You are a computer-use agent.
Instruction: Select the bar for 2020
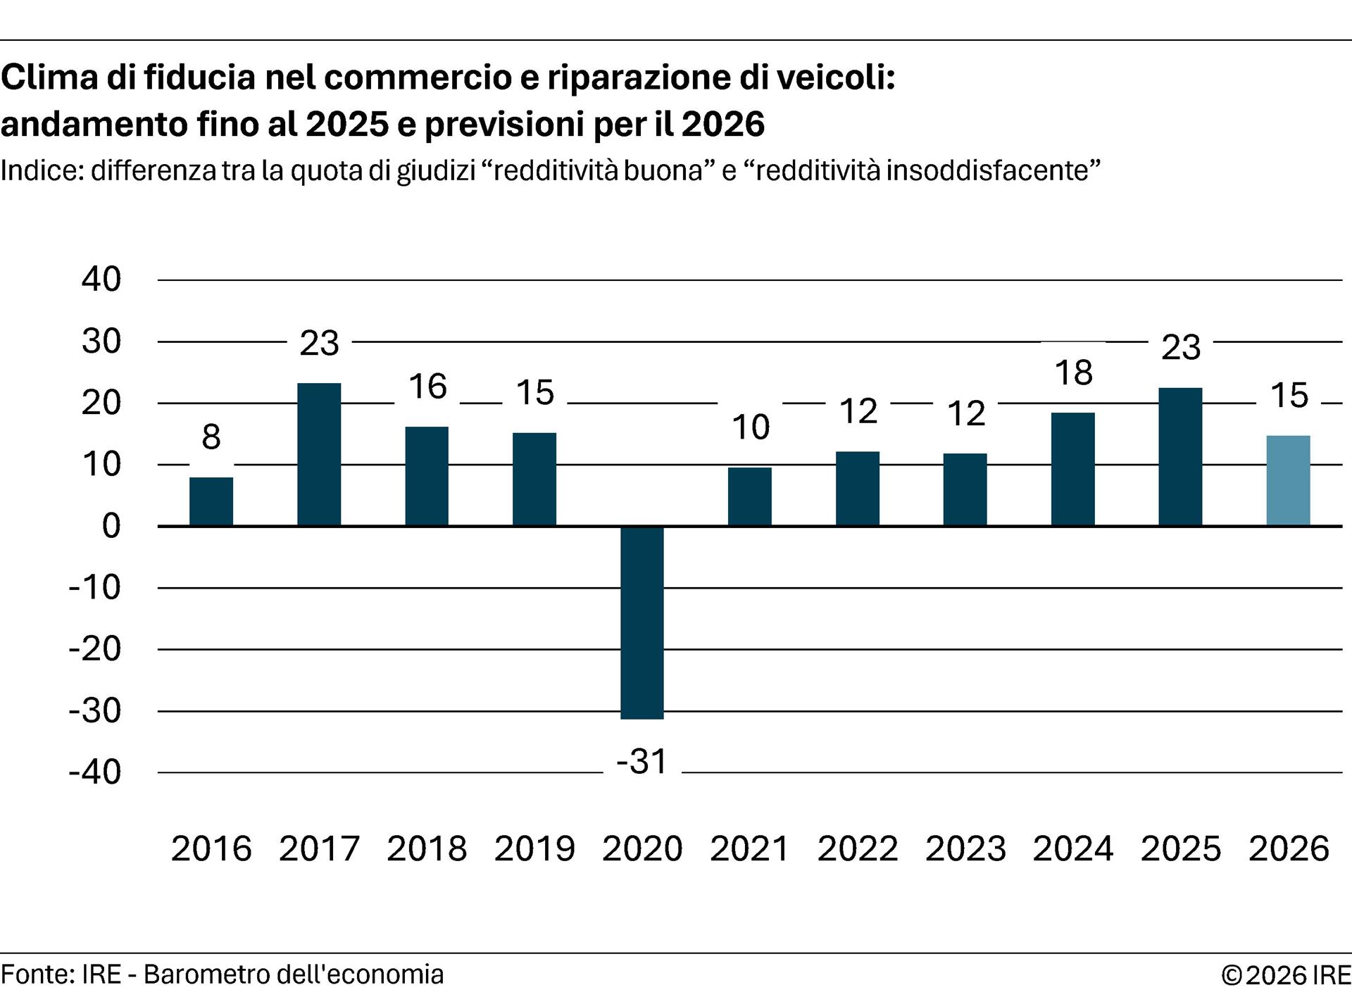pos(641,622)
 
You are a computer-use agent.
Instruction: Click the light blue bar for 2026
pos(1288,481)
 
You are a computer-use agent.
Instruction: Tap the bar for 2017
pos(319,455)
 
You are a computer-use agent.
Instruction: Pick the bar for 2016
pos(211,501)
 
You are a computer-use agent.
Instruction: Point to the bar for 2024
pos(1072,469)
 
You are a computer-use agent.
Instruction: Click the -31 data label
pos(641,762)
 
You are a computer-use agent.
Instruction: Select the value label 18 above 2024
pos(1073,373)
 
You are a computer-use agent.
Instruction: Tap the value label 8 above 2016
pos(211,437)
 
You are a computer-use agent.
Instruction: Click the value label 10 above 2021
pos(750,427)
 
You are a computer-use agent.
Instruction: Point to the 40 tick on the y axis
pos(101,280)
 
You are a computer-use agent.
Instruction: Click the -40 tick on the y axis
pos(94,772)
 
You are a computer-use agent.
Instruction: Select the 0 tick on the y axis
pos(111,526)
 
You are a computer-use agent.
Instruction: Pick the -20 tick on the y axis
pos(94,649)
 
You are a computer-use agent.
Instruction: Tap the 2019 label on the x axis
pos(534,848)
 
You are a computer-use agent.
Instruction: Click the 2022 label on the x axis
pos(858,848)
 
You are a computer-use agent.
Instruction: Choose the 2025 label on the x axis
pos(1181,848)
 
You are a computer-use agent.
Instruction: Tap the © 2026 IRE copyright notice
pos(1286,975)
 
